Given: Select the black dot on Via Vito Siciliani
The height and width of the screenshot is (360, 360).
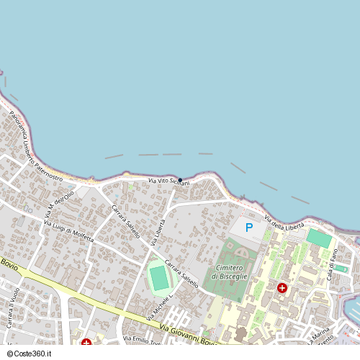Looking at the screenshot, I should point(180,179).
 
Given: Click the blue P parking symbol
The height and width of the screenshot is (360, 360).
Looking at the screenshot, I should point(249,228).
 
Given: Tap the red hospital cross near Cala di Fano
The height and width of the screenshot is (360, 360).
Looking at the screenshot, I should point(282,287).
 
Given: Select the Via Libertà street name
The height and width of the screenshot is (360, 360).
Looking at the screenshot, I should point(159,231).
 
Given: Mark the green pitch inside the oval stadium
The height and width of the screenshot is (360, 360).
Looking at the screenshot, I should point(158,278).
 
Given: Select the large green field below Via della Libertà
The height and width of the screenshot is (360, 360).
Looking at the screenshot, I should point(318,238).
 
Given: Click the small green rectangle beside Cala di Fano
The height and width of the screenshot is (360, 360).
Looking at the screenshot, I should point(341,269).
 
